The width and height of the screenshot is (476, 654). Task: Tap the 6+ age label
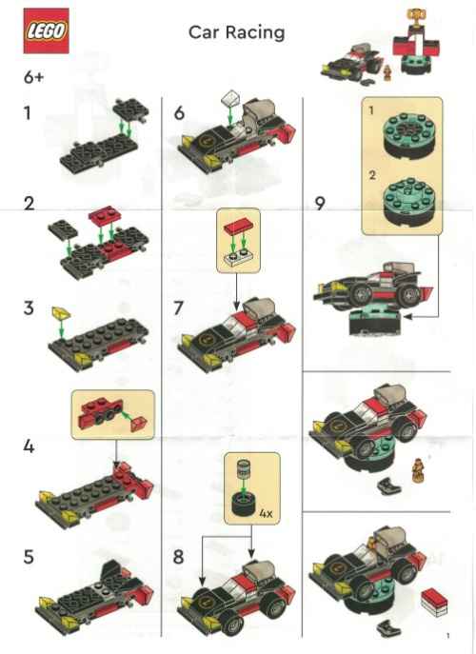pyautogui.click(x=34, y=78)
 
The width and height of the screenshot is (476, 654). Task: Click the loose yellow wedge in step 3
pyautogui.click(x=62, y=312)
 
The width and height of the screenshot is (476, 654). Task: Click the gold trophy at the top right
pyautogui.click(x=413, y=16)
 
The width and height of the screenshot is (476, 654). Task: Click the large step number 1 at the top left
pyautogui.click(x=29, y=113)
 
